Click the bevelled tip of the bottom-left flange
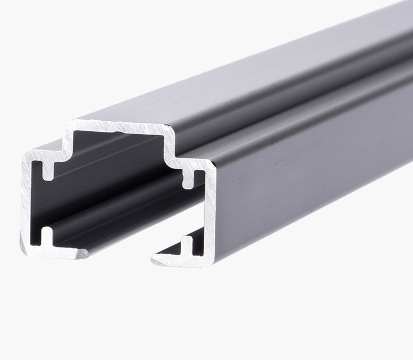pyautogui.click(x=83, y=254)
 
